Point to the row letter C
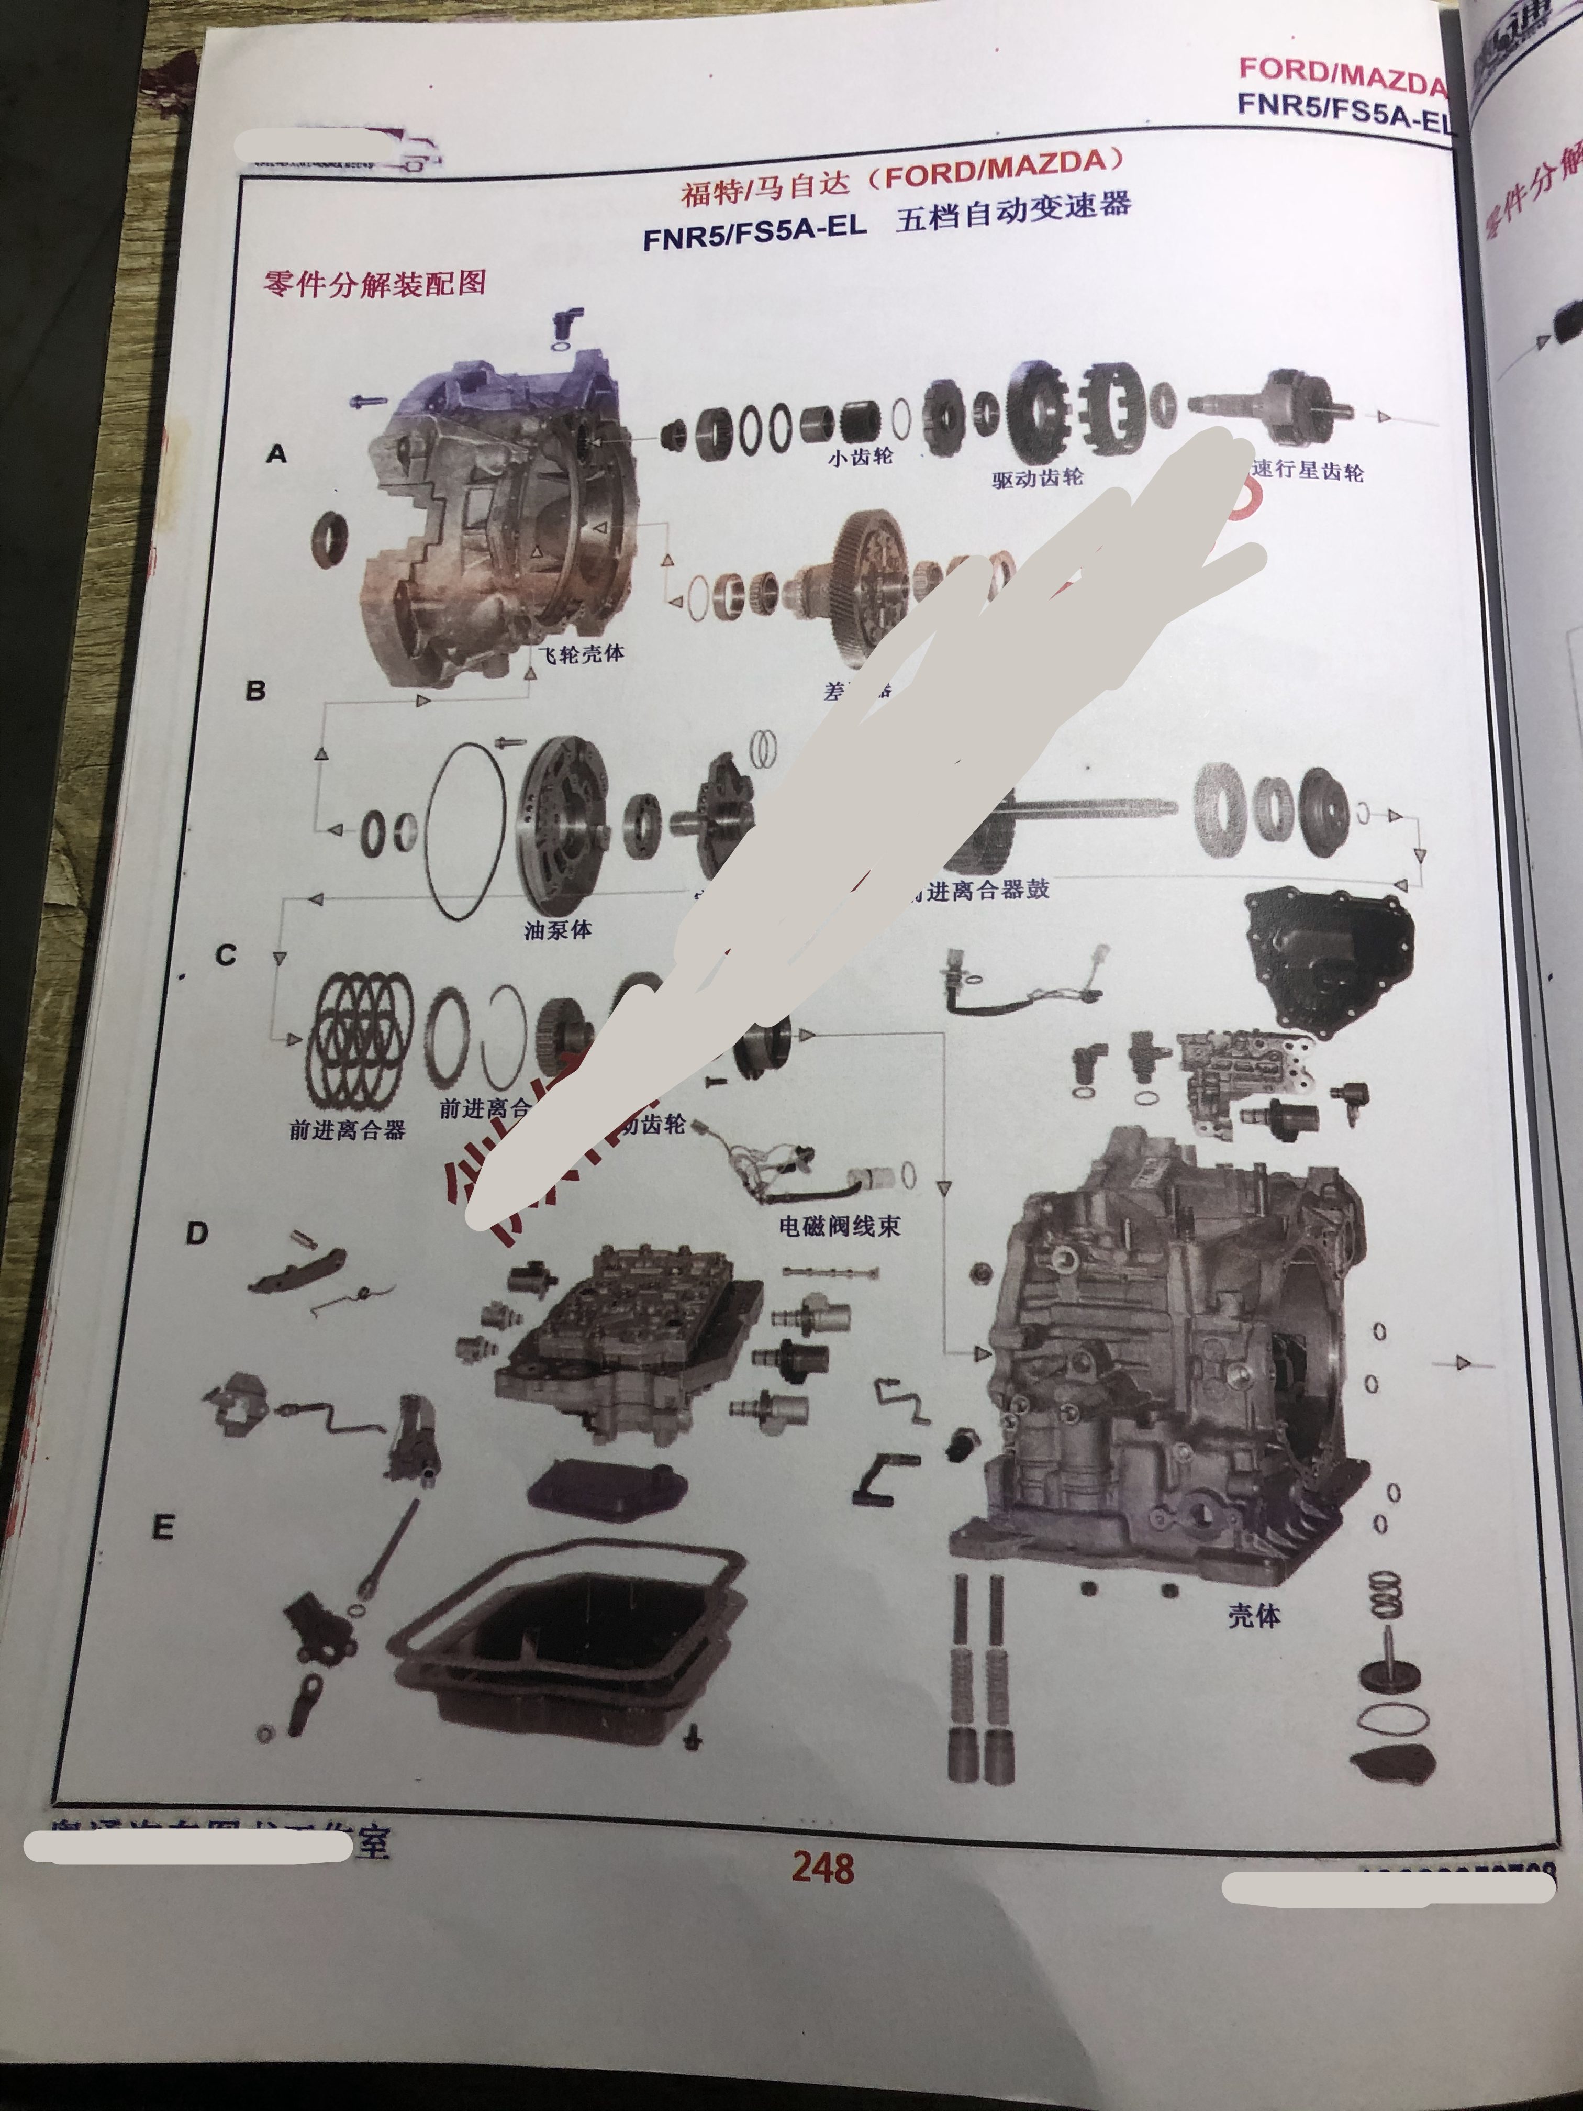tap(226, 955)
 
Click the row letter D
tap(196, 1234)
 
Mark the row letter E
tap(163, 1528)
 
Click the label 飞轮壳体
tap(581, 654)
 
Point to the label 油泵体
tap(558, 929)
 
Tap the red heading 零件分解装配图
tap(375, 283)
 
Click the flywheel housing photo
tap(496, 525)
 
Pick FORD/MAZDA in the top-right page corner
tap(1341, 76)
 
